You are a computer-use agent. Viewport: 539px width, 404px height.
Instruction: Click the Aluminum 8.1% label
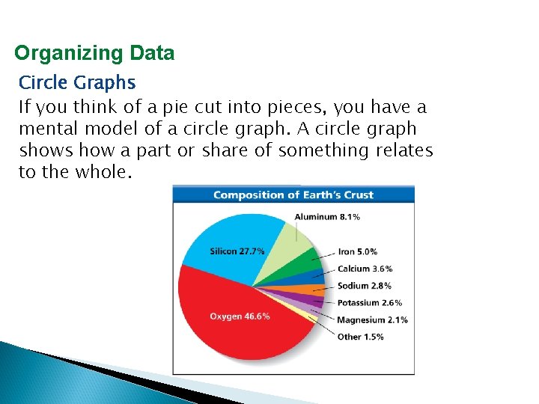pos(327,217)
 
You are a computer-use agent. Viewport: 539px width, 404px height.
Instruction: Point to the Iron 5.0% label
pos(358,252)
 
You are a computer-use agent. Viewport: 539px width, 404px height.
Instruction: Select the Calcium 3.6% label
pos(365,269)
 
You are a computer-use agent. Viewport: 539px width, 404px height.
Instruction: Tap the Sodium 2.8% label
pos(364,286)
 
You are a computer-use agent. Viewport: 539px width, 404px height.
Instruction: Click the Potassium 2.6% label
pos(369,303)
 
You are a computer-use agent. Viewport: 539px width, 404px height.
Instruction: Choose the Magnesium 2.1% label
pos(372,320)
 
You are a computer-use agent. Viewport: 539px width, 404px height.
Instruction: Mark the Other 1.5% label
pos(360,337)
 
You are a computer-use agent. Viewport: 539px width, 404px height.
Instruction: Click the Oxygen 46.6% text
pos(240,316)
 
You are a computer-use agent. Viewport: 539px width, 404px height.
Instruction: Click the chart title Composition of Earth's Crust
pos(293,195)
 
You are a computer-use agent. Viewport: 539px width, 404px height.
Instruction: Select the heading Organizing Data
pos(94,53)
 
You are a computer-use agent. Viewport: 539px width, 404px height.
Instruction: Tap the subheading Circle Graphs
pos(77,82)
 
